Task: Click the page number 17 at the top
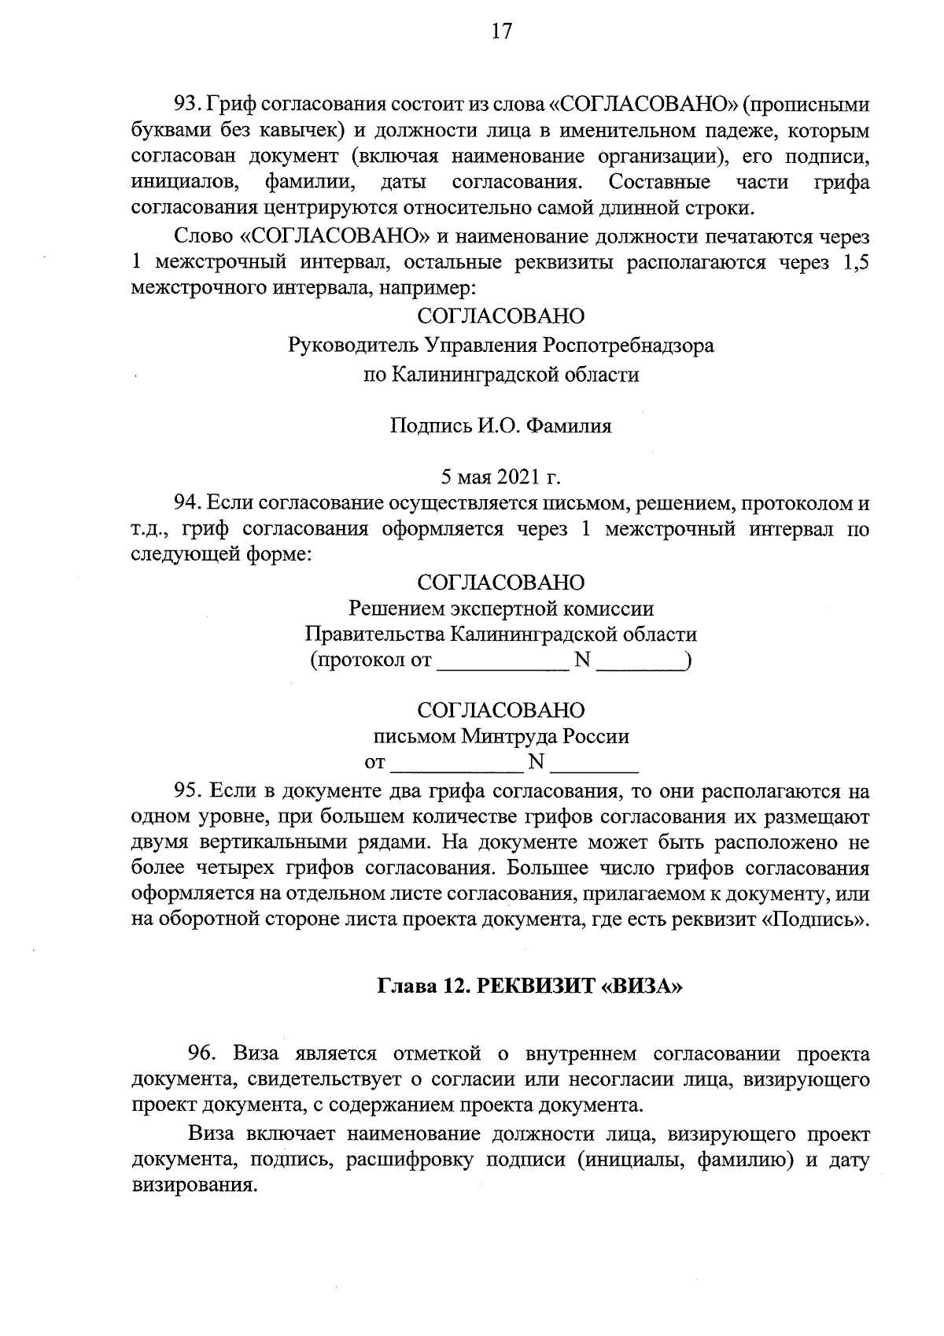[x=501, y=31]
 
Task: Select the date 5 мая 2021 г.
[x=500, y=477]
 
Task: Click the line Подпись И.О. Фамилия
[x=500, y=427]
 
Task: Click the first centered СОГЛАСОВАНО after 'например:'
[x=500, y=316]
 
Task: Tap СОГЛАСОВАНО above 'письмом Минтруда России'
[x=500, y=710]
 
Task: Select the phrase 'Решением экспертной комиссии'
[x=500, y=609]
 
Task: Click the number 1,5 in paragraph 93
[x=854, y=263]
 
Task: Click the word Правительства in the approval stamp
[x=374, y=635]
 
